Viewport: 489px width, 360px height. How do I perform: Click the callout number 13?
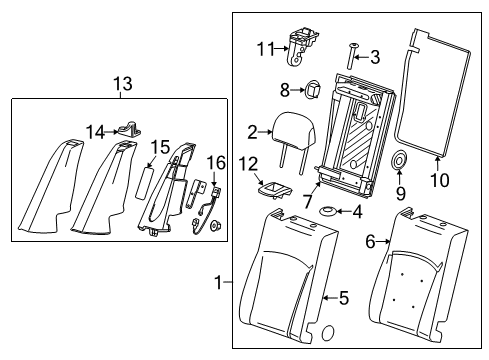point(123,84)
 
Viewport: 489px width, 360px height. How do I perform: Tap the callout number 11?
point(265,49)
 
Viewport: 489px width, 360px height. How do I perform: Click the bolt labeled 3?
point(350,56)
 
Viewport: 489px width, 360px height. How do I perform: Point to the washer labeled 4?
point(327,211)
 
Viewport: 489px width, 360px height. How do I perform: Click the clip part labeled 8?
point(312,89)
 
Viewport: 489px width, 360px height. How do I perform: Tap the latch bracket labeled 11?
point(301,48)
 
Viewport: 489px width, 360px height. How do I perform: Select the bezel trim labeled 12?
point(275,191)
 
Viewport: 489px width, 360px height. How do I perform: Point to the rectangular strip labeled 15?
point(144,183)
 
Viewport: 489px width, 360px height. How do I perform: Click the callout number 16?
point(216,163)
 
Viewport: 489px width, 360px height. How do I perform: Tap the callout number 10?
point(440,180)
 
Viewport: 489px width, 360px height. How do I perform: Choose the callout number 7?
point(307,202)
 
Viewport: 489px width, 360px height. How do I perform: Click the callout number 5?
point(344,298)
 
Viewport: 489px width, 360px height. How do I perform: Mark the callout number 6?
point(370,242)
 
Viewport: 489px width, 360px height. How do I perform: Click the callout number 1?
point(218,283)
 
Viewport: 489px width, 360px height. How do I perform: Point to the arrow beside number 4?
point(343,211)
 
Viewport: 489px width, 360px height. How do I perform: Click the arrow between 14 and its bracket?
point(111,132)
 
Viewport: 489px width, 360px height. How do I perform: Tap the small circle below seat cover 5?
point(328,333)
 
